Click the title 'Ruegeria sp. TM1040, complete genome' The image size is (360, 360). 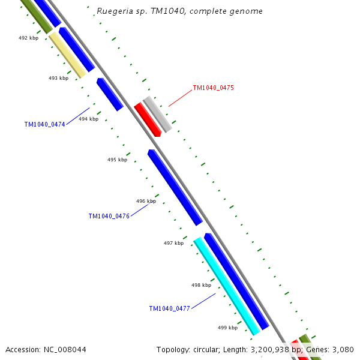point(179,11)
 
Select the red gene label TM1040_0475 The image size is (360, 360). point(213,88)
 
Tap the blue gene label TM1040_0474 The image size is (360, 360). point(44,125)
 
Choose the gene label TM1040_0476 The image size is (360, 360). point(109,217)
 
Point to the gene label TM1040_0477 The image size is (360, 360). point(169,309)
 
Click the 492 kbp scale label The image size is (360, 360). point(28,38)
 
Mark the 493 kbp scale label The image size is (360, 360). point(58,78)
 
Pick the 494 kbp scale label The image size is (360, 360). point(88,119)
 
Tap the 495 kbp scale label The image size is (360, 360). point(117,160)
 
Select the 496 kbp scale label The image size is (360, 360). point(146,202)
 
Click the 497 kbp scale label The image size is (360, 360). point(173,243)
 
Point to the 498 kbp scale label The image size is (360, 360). point(201,285)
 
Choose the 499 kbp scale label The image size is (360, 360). point(227,328)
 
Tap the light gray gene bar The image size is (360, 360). point(158,114)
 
